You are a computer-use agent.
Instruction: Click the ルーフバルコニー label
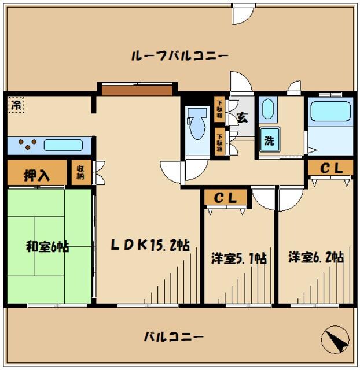point(180,56)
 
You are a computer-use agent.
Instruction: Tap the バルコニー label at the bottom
point(174,336)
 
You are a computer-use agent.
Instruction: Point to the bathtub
point(329,111)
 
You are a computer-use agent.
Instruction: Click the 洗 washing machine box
point(269,139)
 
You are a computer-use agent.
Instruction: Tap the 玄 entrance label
point(242,117)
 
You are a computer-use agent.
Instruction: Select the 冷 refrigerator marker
point(17,105)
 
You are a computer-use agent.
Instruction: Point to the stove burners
point(27,145)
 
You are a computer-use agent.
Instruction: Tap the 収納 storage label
point(80,173)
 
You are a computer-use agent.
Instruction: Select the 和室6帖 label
point(47,247)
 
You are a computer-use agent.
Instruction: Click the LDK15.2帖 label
point(150,245)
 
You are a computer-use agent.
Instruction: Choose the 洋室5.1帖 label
point(238,258)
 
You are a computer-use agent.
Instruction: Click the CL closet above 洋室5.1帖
point(226,198)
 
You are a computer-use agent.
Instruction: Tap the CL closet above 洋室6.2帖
point(330,168)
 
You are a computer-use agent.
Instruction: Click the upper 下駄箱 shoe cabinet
point(220,109)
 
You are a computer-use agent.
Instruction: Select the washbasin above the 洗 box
point(268,109)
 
